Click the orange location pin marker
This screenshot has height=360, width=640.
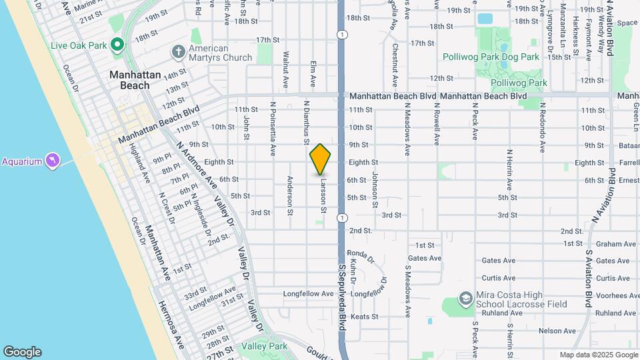(320, 159)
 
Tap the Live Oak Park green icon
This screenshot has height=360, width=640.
(117, 45)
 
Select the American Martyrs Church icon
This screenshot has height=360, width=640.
(178, 51)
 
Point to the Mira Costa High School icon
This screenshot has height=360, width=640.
(467, 299)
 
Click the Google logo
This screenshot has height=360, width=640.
(22, 352)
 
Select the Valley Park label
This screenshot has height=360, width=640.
(265, 346)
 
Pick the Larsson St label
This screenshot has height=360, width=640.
(323, 195)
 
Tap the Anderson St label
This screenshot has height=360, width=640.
(290, 196)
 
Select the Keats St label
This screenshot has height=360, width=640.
(364, 317)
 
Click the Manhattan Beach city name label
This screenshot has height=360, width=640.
(135, 80)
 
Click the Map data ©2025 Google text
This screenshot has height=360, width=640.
(599, 355)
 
